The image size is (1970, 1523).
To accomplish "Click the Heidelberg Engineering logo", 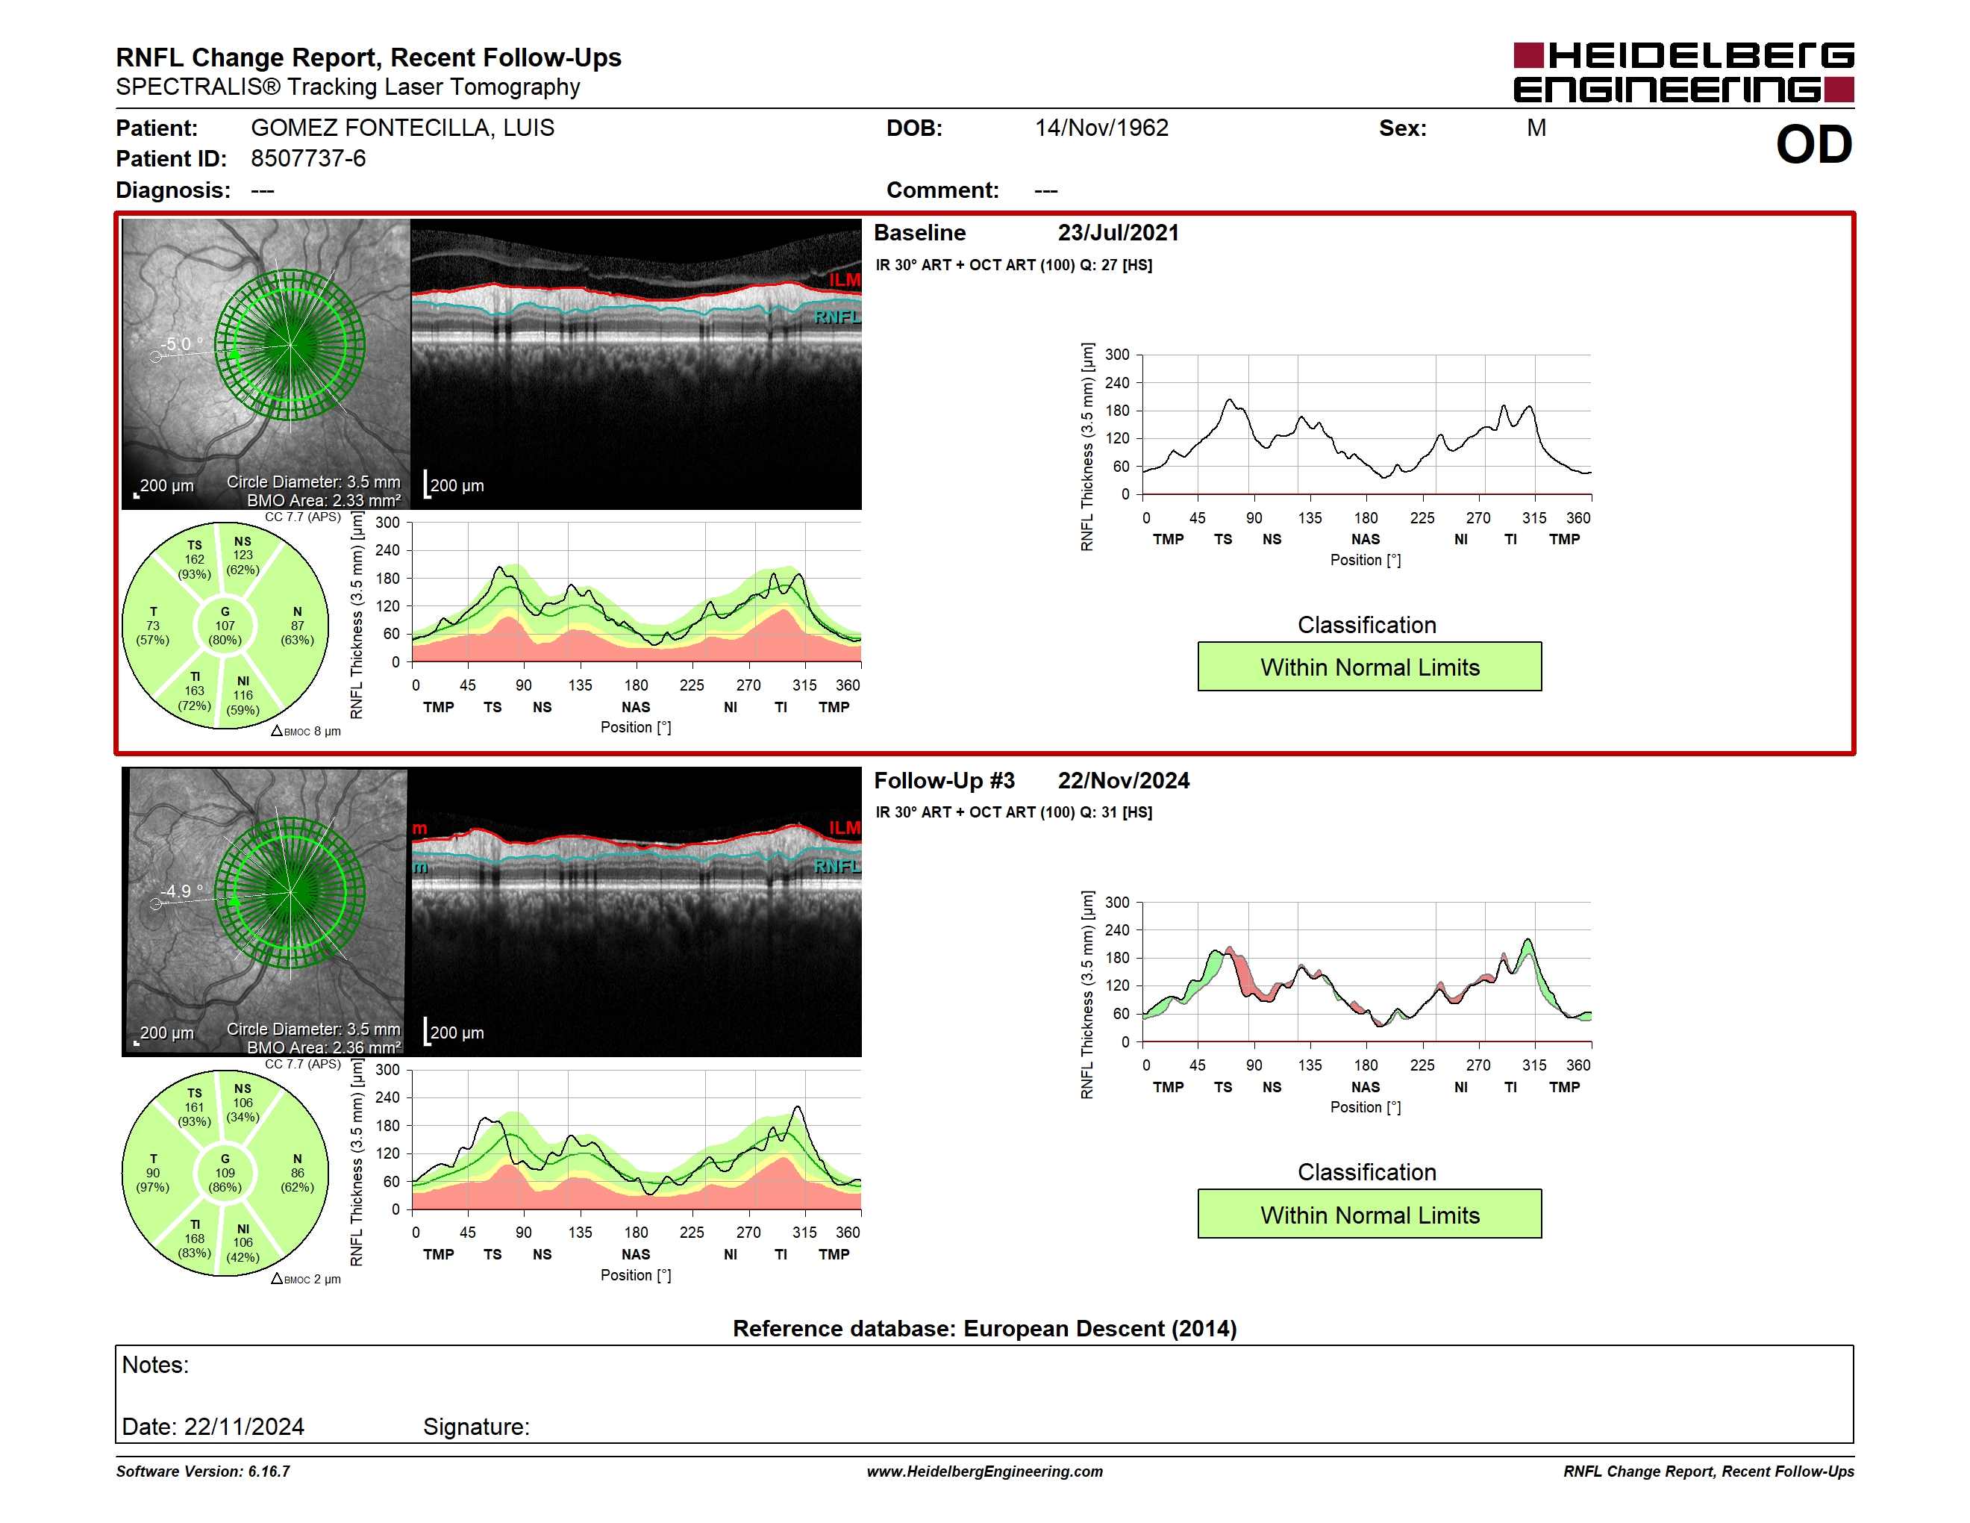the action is point(1683,72).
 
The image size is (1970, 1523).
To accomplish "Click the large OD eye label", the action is point(1814,144).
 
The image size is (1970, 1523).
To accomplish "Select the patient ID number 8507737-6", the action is point(308,159).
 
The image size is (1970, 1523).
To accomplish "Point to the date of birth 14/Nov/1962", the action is point(1101,128).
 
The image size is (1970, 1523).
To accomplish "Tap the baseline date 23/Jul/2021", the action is point(1119,233).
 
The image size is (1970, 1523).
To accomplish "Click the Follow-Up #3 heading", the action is point(945,780).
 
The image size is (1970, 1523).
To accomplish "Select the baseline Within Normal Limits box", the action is point(1369,667).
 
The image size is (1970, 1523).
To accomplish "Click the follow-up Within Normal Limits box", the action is point(1369,1215).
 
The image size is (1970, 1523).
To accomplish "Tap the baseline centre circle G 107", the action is point(225,626).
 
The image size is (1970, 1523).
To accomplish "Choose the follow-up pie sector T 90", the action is point(152,1173).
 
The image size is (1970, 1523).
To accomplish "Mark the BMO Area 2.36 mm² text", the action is point(324,1047).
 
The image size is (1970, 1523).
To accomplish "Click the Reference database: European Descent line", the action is point(984,1328).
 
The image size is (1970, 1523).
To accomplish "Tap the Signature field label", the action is point(476,1427).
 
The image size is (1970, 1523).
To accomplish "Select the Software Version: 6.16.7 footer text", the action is point(203,1471).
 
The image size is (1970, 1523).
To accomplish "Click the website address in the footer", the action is point(984,1471).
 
